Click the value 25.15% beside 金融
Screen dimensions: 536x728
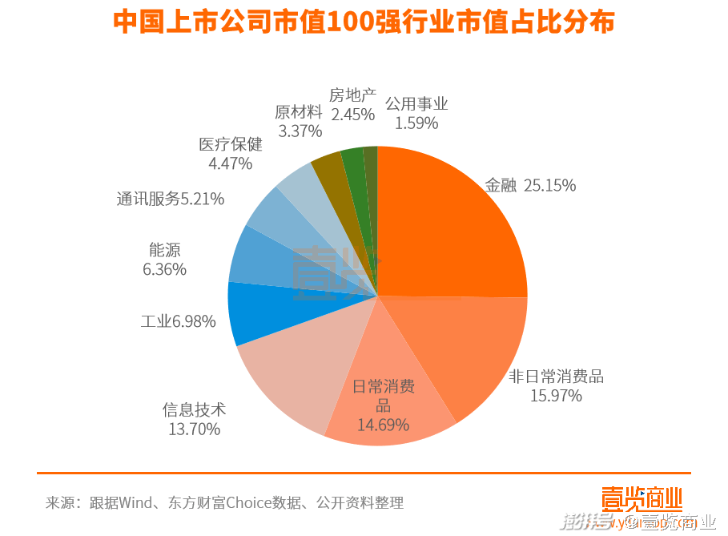pyautogui.click(x=550, y=186)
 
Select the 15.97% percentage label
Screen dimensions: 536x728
pyautogui.click(x=556, y=395)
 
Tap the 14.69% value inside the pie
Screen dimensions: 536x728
pyautogui.click(x=383, y=425)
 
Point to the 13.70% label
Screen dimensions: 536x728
pyautogui.click(x=194, y=429)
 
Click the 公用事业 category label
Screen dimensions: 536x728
pyautogui.click(x=416, y=104)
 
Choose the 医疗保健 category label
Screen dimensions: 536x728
pyautogui.click(x=231, y=144)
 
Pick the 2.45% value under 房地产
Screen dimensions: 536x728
pyautogui.click(x=353, y=115)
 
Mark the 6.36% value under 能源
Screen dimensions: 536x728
pyautogui.click(x=165, y=269)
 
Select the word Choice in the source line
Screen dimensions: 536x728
pyautogui.click(x=248, y=503)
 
